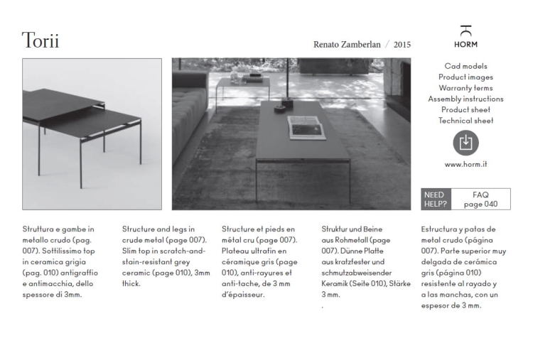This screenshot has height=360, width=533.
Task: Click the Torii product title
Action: [x=41, y=40]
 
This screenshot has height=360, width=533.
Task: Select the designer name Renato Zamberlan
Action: [x=346, y=44]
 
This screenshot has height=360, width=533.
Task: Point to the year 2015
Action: [x=402, y=44]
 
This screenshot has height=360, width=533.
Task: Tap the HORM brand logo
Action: [x=465, y=37]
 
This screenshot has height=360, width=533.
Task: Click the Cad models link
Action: [x=465, y=66]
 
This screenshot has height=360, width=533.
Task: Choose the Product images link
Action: [x=465, y=77]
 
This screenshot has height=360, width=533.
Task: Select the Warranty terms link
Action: [x=465, y=88]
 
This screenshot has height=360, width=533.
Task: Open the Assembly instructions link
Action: [x=465, y=99]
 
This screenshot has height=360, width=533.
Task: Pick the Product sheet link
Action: [x=465, y=109]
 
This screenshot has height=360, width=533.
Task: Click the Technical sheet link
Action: [x=465, y=121]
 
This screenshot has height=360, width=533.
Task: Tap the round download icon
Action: [x=465, y=143]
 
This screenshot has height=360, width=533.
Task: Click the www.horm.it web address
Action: [x=465, y=165]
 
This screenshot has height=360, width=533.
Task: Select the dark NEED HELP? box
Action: [x=435, y=199]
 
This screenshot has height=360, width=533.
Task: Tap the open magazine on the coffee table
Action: [x=307, y=127]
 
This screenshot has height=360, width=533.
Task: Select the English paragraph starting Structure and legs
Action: [x=166, y=256]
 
